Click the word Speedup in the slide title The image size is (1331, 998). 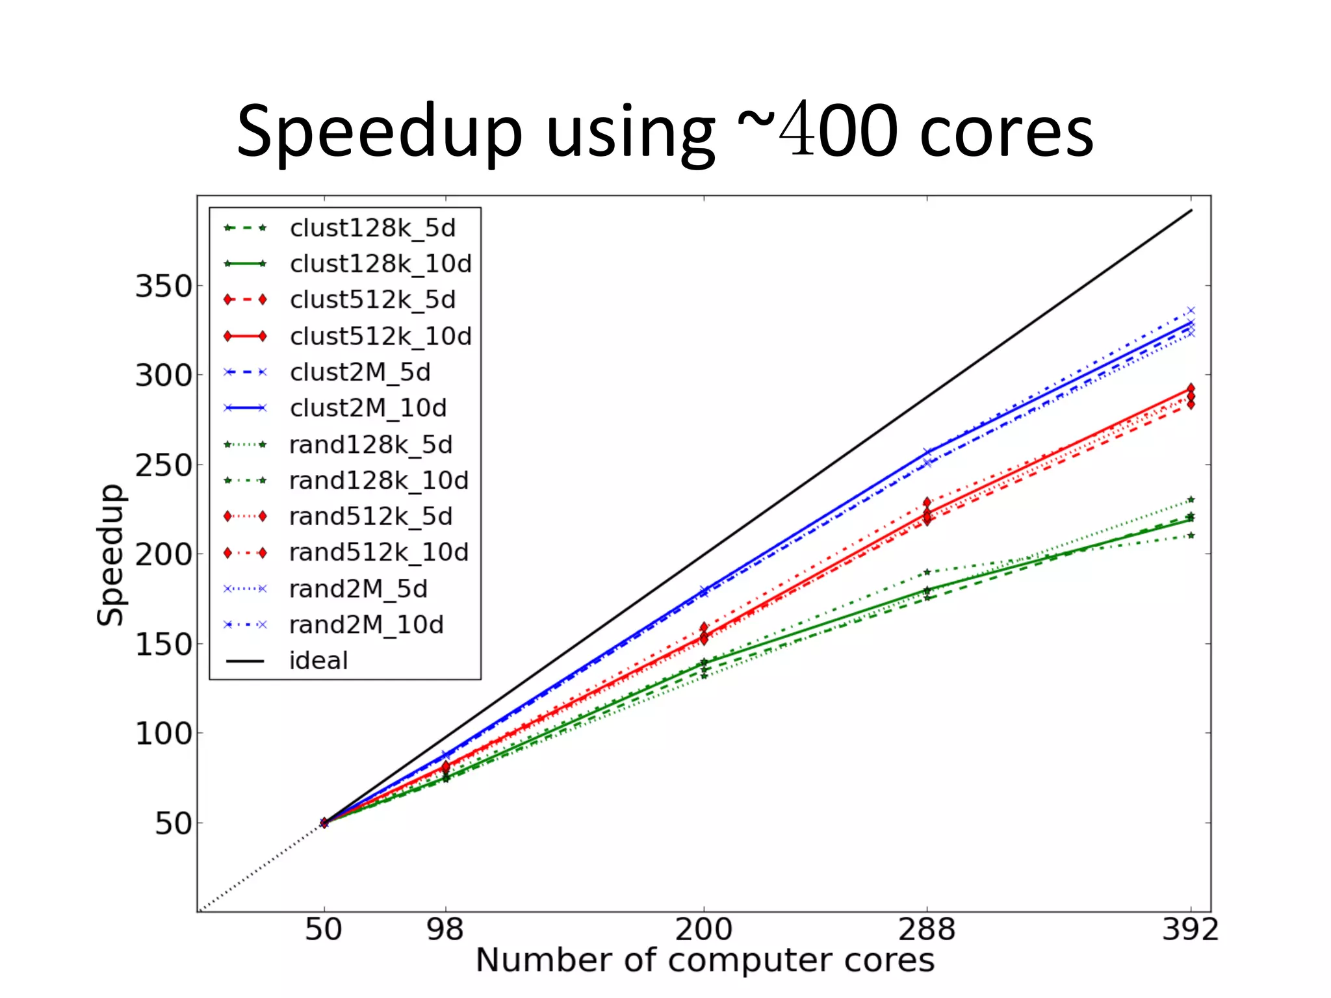click(x=380, y=133)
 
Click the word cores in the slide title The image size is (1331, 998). click(x=1007, y=133)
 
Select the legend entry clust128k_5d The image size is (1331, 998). click(x=372, y=228)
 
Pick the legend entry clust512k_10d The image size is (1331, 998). click(x=380, y=336)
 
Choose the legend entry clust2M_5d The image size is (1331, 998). click(x=360, y=372)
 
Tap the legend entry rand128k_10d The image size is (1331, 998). click(x=378, y=481)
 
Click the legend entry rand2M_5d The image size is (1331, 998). click(x=358, y=589)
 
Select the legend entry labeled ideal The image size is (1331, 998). click(x=318, y=661)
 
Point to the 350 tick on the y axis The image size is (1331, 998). click(x=164, y=286)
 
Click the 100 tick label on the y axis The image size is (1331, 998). click(x=164, y=734)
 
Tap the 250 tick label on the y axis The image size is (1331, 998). click(x=164, y=465)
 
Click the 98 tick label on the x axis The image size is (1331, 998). click(x=445, y=930)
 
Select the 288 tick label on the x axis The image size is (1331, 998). click(x=927, y=930)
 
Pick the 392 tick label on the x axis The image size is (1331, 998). click(x=1190, y=930)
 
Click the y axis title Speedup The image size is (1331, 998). click(x=110, y=555)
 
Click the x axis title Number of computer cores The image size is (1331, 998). click(x=704, y=960)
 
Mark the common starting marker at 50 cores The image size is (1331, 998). click(x=324, y=823)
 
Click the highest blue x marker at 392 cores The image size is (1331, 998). click(x=1191, y=311)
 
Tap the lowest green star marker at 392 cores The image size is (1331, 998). click(x=1191, y=535)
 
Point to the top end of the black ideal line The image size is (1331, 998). click(x=1191, y=210)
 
